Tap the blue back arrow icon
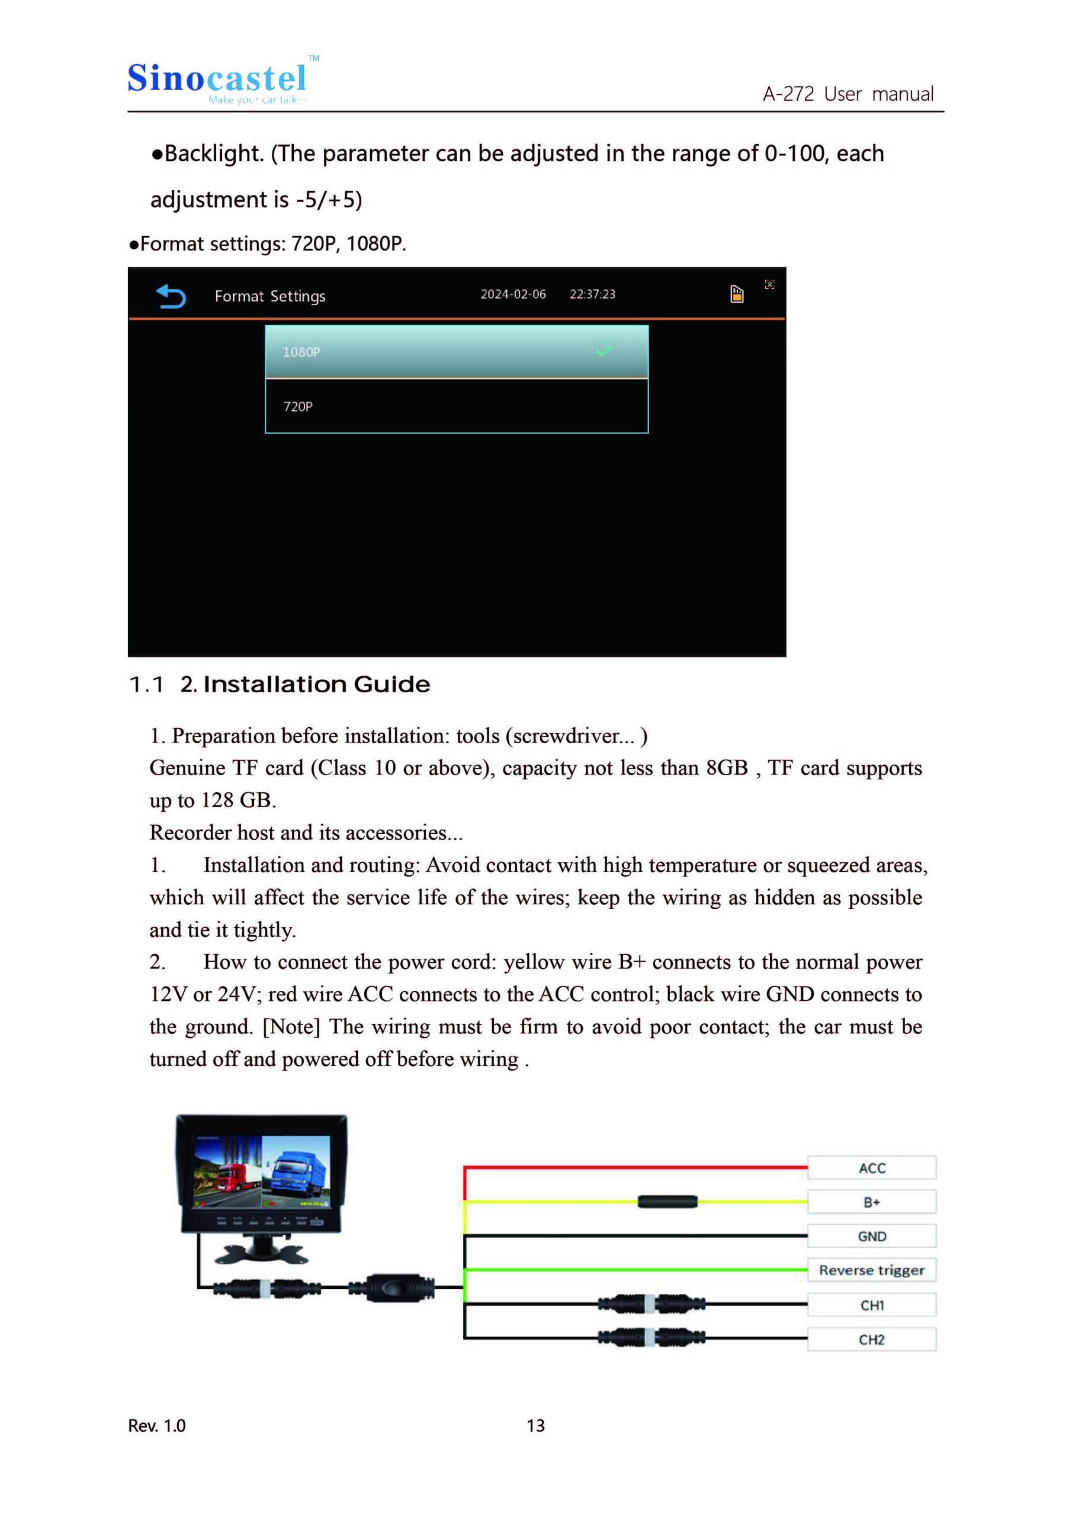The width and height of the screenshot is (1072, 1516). pos(171,296)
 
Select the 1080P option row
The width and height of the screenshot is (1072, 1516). pos(457,352)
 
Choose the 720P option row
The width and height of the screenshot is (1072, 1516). pos(457,406)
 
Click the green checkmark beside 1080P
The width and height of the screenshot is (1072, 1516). pos(604,351)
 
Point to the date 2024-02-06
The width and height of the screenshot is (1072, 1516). pos(513,294)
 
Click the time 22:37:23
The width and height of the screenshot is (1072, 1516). pos(592,294)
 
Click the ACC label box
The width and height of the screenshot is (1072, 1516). pos(871,1168)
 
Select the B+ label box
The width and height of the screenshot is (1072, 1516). pos(871,1202)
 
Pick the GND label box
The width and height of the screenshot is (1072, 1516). pos(871,1236)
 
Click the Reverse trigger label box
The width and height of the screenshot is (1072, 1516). pos(871,1270)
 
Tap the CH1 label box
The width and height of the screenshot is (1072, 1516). pos(871,1305)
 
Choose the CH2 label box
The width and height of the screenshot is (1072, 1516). pos(871,1340)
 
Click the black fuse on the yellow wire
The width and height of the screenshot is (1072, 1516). pos(667,1202)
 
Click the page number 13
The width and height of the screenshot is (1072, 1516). pos(535,1426)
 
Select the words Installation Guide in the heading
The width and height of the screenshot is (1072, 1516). pos(316,685)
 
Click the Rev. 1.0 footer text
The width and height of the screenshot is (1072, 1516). pos(156,1426)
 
